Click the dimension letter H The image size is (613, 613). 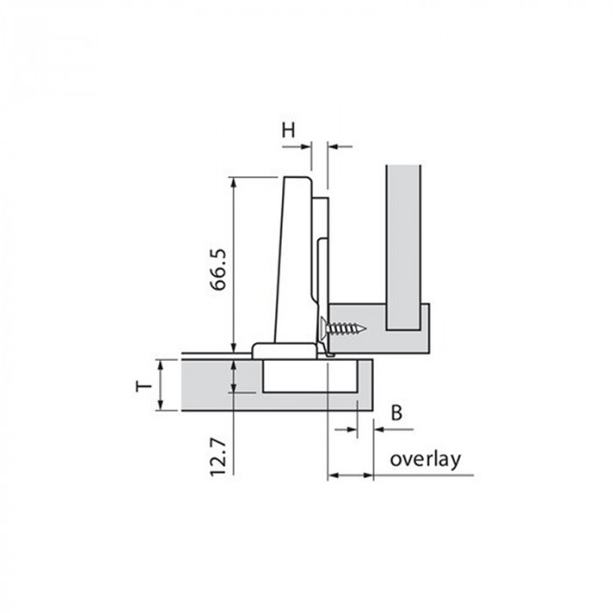point(288,130)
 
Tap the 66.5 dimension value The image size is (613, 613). point(218,270)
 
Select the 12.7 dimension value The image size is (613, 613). point(218,457)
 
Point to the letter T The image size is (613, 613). point(144,386)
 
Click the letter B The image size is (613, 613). point(397,412)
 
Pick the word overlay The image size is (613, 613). point(426,459)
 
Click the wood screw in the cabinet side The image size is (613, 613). point(343,328)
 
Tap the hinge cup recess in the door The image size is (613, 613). point(310,376)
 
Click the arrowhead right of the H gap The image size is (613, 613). point(333,147)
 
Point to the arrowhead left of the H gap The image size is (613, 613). point(306,147)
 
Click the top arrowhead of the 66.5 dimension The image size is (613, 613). point(234,182)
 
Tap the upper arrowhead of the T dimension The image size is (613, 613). point(160,364)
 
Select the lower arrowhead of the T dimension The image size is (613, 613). point(160,405)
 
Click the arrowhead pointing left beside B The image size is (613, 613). point(379,429)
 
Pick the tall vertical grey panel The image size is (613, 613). point(404,248)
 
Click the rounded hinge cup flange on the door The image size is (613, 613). point(285,350)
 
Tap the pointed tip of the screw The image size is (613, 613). point(365,328)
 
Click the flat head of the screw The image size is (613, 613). point(323,328)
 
